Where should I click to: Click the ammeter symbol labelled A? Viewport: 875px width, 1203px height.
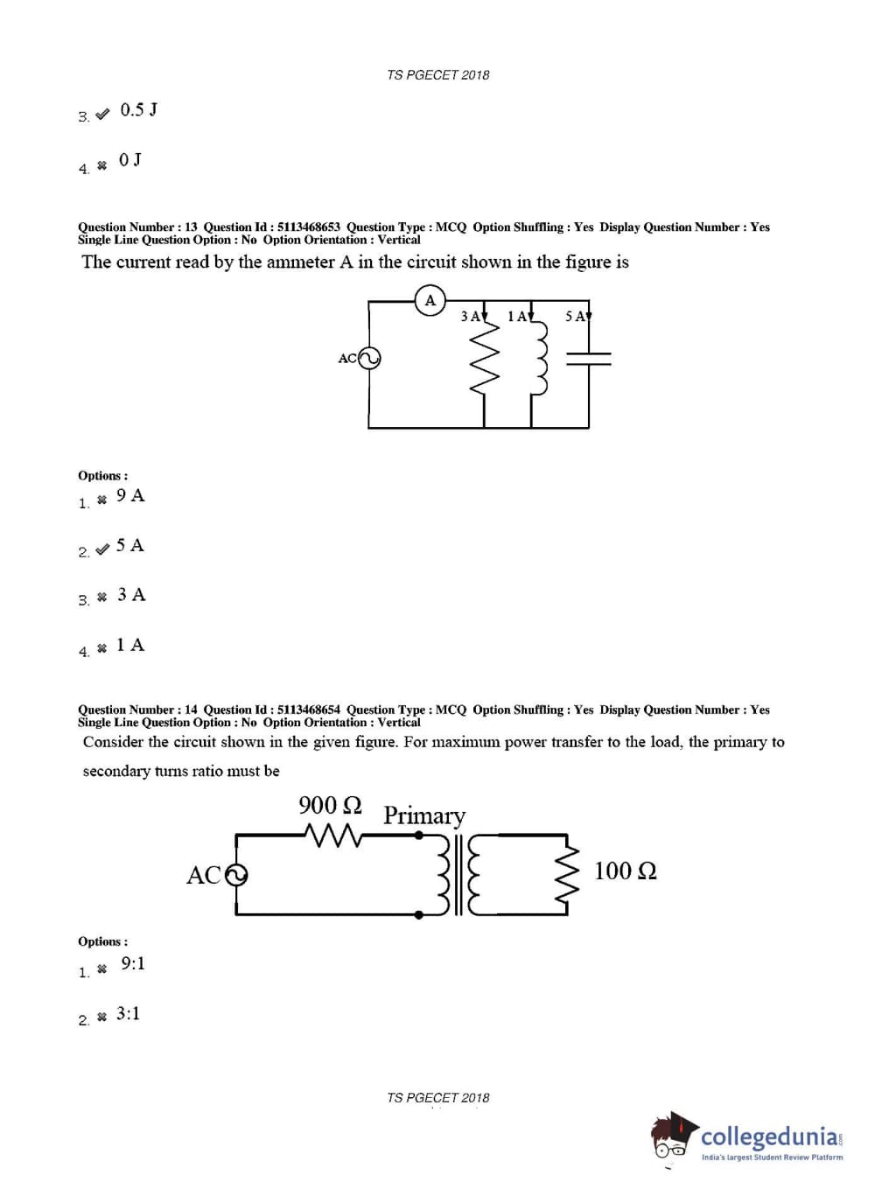tap(430, 300)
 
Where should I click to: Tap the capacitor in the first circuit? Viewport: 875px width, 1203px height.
tap(589, 358)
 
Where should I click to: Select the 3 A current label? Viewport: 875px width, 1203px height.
tap(471, 317)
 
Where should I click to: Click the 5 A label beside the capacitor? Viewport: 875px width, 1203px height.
tap(575, 317)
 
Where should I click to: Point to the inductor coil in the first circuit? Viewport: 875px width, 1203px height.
tap(539, 359)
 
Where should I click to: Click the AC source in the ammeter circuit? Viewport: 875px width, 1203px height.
tap(369, 358)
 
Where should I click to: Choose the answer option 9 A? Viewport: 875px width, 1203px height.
tap(130, 496)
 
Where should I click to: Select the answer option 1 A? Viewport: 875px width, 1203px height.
tap(130, 646)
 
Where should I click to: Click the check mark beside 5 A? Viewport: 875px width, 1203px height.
tap(102, 549)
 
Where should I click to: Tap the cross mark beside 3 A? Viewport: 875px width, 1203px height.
tap(102, 597)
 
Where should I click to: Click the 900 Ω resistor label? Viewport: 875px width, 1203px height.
tap(330, 805)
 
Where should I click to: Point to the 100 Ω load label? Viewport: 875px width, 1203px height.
tap(625, 871)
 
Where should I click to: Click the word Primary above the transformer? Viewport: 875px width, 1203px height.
tap(424, 815)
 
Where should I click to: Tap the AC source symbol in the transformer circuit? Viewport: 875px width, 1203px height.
tap(236, 875)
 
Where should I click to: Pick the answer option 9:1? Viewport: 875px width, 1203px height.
tap(133, 964)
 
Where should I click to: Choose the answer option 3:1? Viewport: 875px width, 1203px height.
tap(128, 1014)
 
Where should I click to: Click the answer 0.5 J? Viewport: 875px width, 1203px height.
tap(138, 110)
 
